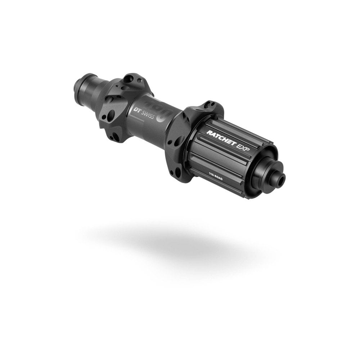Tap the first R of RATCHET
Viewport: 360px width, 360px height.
point(209,132)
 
